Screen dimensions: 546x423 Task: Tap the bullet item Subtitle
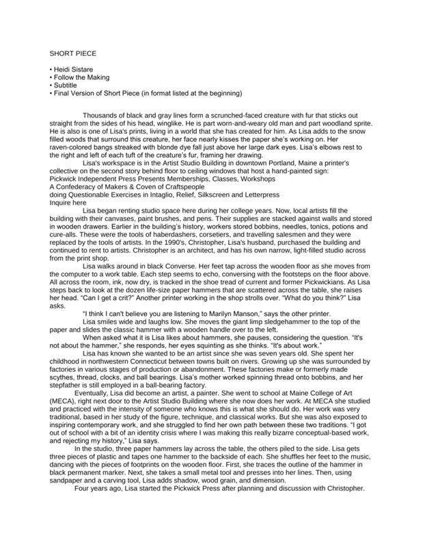[x=66, y=85]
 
